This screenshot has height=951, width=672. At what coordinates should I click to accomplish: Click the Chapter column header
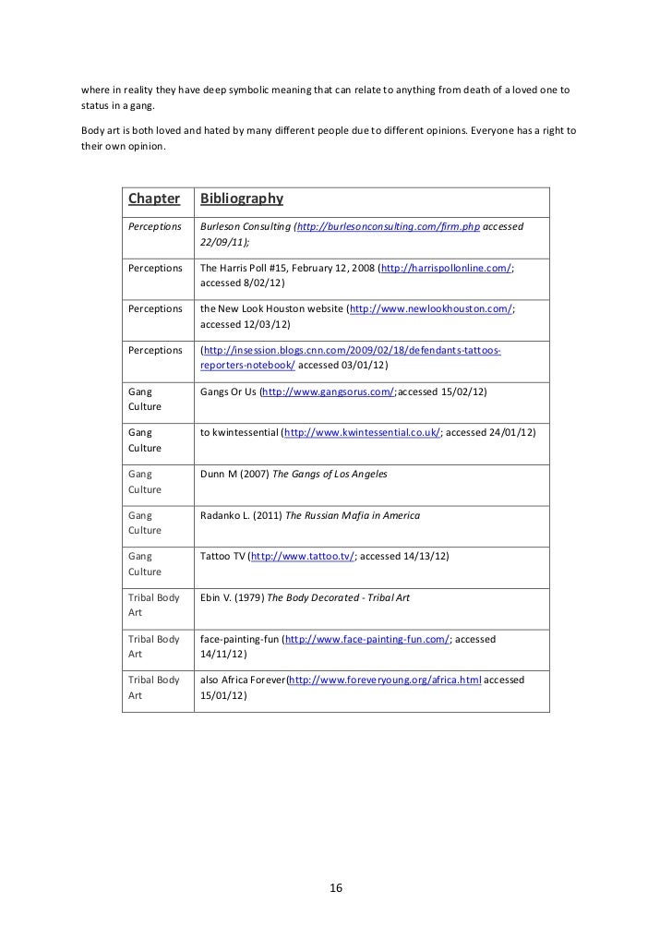click(153, 199)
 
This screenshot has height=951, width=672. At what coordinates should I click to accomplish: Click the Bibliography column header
click(241, 199)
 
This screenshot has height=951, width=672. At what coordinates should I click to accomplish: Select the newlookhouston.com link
click(430, 309)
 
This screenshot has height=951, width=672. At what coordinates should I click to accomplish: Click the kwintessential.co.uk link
click(364, 432)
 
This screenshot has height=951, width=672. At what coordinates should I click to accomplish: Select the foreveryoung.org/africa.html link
click(385, 680)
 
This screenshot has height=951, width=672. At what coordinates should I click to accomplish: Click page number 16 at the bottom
click(335, 888)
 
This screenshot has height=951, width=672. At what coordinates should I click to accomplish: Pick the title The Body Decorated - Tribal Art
click(339, 597)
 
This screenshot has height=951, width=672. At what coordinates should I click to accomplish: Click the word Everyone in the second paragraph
click(495, 130)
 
